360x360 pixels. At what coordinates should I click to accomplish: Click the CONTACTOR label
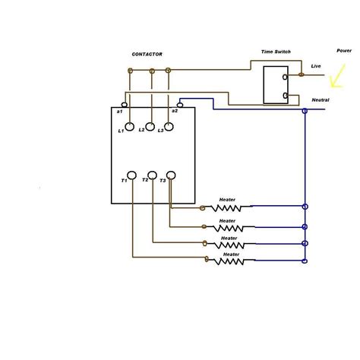[147, 54]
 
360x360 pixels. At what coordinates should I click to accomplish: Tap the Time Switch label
[276, 52]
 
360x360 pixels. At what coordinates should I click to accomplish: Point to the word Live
[316, 66]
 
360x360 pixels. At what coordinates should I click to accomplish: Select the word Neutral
[321, 99]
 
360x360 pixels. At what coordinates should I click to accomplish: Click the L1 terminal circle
[131, 127]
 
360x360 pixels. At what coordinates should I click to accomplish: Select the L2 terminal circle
[150, 127]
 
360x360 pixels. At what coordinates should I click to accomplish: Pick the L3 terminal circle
[170, 127]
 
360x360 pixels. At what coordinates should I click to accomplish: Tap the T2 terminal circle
[152, 176]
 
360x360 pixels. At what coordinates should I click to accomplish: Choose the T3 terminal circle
[171, 176]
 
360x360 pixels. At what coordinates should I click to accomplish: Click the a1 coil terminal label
[120, 112]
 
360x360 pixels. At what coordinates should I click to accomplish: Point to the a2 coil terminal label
[175, 111]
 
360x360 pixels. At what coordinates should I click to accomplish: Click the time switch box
[275, 85]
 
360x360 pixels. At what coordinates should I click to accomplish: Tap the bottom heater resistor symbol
[228, 261]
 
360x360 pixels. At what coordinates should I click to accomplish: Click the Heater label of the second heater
[228, 220]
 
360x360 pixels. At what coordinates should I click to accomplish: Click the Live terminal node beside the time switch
[302, 74]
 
